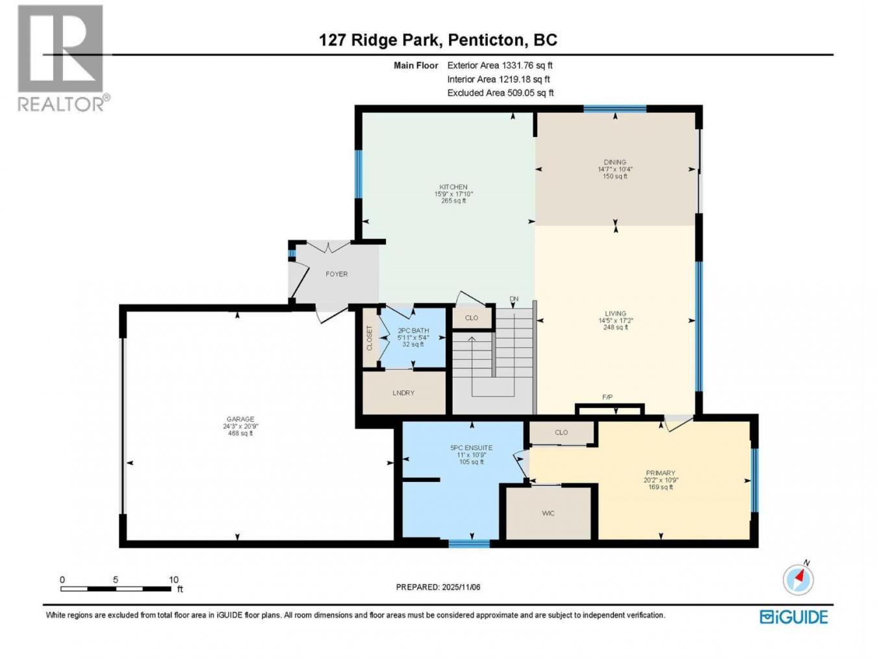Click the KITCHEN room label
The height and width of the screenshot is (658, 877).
tap(453, 187)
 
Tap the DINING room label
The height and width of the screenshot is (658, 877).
tap(615, 162)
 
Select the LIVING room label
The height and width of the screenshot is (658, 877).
tap(615, 314)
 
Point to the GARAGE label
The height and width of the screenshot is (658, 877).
tap(240, 420)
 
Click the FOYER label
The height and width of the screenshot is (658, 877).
tap(337, 274)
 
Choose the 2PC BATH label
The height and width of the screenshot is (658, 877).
tap(413, 331)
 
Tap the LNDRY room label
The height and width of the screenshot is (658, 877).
tap(403, 393)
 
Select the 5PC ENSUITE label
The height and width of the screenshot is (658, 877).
tap(471, 448)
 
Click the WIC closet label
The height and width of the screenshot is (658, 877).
tap(548, 513)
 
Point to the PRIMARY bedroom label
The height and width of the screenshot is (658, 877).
tap(660, 473)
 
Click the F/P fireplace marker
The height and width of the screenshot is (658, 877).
tap(607, 397)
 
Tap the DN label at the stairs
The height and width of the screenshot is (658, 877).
tap(514, 299)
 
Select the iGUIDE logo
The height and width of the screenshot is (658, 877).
tap(794, 616)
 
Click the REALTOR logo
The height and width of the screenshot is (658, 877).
tap(62, 58)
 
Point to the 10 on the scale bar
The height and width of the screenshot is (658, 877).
tap(173, 579)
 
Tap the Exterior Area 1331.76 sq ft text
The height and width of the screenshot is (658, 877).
tap(500, 65)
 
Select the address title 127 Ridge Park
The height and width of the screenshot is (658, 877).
tap(380, 40)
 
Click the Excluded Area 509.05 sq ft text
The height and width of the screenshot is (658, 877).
tap(500, 93)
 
